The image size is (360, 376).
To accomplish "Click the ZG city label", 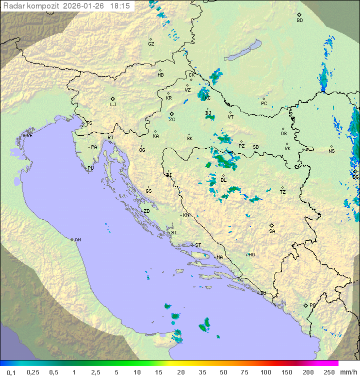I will click(172, 120).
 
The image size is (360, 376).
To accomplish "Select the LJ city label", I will click(113, 105).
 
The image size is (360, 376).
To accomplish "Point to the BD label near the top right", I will click(299, 21).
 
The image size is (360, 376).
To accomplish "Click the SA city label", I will click(272, 231).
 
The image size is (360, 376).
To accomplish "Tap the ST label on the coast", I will click(198, 245).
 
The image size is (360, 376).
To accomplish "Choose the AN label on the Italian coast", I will click(77, 240).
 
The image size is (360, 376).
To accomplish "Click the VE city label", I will click(29, 136).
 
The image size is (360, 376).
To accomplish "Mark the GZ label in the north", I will click(151, 44).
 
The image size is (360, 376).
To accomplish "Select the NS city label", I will click(331, 151).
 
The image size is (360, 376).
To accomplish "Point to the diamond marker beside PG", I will click(305, 305).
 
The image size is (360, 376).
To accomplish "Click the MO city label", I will click(251, 255).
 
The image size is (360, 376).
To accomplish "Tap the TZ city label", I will click(283, 192).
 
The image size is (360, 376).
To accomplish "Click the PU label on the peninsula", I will click(90, 168).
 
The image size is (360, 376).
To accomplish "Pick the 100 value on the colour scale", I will click(265, 372).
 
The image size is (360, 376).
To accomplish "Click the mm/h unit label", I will click(349, 372).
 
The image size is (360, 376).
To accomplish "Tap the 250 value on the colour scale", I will click(329, 372).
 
